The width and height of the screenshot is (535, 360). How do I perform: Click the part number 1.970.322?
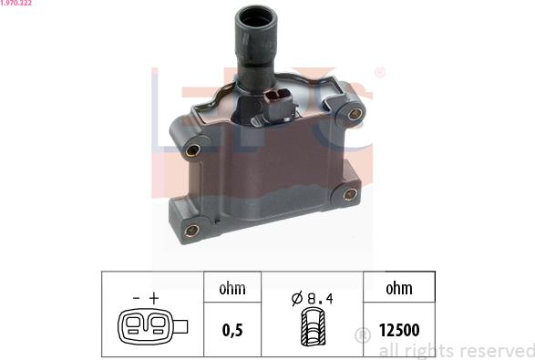(16, 3)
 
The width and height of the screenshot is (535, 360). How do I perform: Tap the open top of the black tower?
(256, 17)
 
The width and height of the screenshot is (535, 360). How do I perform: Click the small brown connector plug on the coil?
(280, 105)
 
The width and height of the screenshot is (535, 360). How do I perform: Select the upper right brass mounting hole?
(355, 114)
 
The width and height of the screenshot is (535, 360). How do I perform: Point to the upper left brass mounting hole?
(193, 150)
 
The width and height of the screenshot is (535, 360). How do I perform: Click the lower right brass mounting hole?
(350, 194)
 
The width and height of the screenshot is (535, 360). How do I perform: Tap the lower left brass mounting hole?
(191, 231)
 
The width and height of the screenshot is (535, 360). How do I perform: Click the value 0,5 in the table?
(232, 330)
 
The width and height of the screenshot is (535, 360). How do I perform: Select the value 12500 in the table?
(399, 330)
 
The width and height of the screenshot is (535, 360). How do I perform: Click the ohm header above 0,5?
(232, 288)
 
